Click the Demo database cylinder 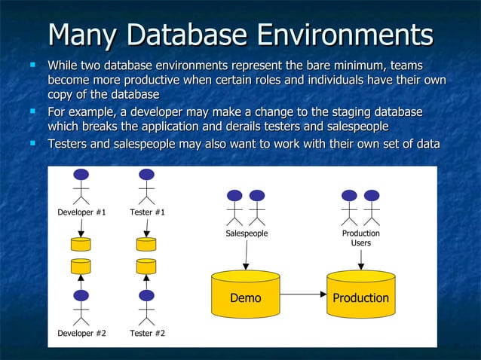point(246,296)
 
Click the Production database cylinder point(360,296)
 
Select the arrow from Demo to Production point(302,297)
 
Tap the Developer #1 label point(81,212)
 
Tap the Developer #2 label point(81,332)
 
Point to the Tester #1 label point(148,212)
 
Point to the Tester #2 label point(148,332)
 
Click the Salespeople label point(247,234)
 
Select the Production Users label point(360,238)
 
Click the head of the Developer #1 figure point(81,175)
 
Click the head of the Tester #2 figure point(146,295)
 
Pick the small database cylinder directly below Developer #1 point(81,244)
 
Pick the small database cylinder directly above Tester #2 point(146,266)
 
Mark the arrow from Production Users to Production point(360,259)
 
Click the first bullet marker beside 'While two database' point(34,66)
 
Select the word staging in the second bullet point(336,112)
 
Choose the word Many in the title point(78,35)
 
